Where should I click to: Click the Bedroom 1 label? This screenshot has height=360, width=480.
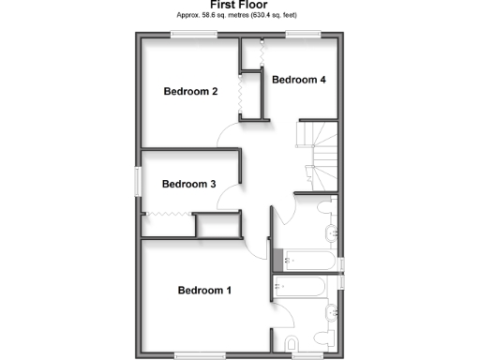[203, 291]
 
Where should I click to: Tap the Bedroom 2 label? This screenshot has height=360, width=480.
[190, 92]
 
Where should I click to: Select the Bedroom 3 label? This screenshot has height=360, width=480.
[189, 185]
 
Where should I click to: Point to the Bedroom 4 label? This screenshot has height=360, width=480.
[298, 80]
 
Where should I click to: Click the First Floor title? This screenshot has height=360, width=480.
[239, 6]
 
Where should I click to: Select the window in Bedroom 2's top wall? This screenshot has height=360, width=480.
[192, 36]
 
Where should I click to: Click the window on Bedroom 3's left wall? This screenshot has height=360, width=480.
[138, 181]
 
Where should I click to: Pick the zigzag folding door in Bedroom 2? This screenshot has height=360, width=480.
[239, 95]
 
